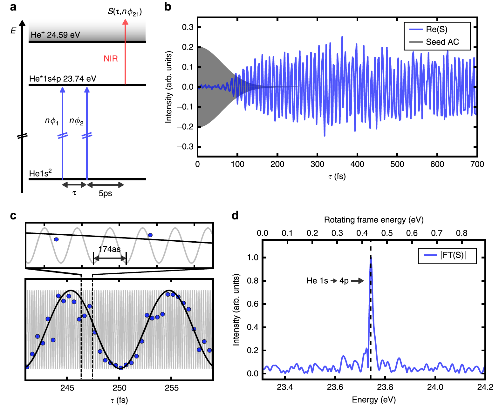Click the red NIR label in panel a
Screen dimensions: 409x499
pyautogui.click(x=111, y=58)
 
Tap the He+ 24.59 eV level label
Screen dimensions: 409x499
pyautogui.click(x=55, y=35)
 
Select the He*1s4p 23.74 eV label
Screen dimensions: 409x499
pyautogui.click(x=63, y=79)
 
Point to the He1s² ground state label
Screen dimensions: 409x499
pyautogui.click(x=40, y=173)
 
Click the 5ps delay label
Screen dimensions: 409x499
pyautogui.click(x=105, y=193)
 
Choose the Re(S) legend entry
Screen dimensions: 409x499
pyautogui.click(x=436, y=30)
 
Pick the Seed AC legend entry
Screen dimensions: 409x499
pyautogui.click(x=442, y=42)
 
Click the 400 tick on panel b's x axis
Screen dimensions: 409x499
pyautogui.click(x=357, y=164)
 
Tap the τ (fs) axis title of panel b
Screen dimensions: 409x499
pyautogui.click(x=337, y=177)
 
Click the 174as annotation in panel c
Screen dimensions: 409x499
pyautogui.click(x=109, y=249)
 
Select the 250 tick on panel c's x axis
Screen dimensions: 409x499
pyautogui.click(x=120, y=388)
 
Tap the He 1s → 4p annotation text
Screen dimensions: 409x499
pyautogui.click(x=327, y=281)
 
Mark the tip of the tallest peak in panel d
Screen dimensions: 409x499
pyautogui.click(x=371, y=260)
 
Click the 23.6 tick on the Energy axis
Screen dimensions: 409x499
pyautogui.click(x=335, y=387)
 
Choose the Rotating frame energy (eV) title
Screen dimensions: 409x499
pyautogui.click(x=374, y=220)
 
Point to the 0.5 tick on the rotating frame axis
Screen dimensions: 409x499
pyautogui.click(x=387, y=233)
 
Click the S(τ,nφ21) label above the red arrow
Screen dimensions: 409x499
pyautogui.click(x=125, y=12)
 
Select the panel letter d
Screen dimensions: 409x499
pyautogui.click(x=235, y=216)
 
